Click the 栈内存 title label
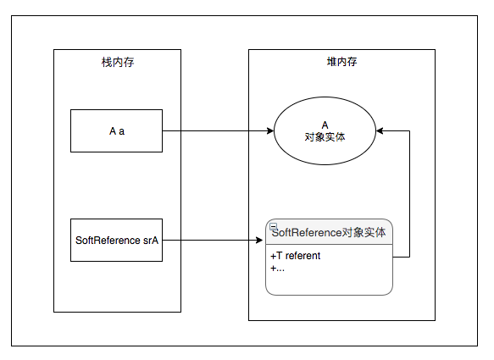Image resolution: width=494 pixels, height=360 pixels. tap(117, 62)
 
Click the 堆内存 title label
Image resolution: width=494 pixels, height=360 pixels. tap(341, 62)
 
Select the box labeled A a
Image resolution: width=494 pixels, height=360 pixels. tap(117, 131)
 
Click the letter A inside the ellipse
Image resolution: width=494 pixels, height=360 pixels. tap(325, 125)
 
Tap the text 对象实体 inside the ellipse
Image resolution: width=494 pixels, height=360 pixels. tap(325, 136)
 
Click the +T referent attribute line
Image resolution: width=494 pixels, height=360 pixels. tap(296, 256)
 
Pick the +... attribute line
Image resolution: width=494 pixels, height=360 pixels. tap(278, 268)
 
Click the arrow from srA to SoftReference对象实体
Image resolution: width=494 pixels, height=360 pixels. tap(212, 241)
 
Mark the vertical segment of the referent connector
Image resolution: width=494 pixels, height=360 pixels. tap(410, 195)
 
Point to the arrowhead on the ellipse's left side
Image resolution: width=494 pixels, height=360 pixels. tap(269, 131)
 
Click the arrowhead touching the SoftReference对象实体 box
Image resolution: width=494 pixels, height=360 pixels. tap(261, 241)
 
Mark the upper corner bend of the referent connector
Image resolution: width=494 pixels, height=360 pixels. tap(410, 131)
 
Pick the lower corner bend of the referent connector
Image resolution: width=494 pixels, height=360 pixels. tap(410, 257)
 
